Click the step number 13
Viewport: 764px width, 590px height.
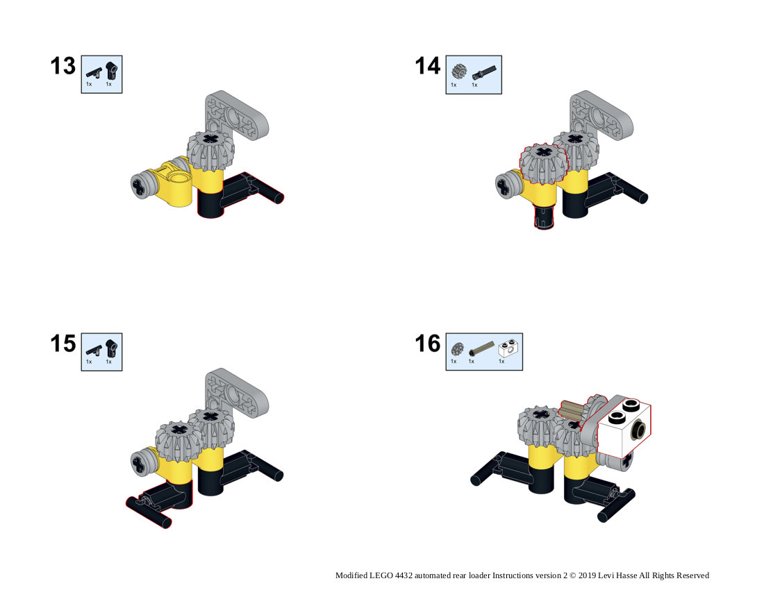coord(63,66)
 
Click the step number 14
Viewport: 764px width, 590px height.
coord(427,66)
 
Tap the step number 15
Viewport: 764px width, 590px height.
coord(63,344)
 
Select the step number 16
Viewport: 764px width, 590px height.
coord(427,344)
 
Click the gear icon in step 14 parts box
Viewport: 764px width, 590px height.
coord(458,71)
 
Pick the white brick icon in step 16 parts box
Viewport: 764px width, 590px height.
coord(508,348)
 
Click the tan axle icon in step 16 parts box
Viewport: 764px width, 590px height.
coord(481,348)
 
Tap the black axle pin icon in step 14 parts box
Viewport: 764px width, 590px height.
coord(484,72)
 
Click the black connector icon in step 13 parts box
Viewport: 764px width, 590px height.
coord(112,71)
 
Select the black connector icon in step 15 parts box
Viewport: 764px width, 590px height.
coord(112,348)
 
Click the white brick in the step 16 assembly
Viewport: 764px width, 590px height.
coord(624,428)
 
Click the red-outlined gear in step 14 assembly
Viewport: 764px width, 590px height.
coord(544,164)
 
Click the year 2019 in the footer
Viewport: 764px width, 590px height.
coord(587,575)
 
